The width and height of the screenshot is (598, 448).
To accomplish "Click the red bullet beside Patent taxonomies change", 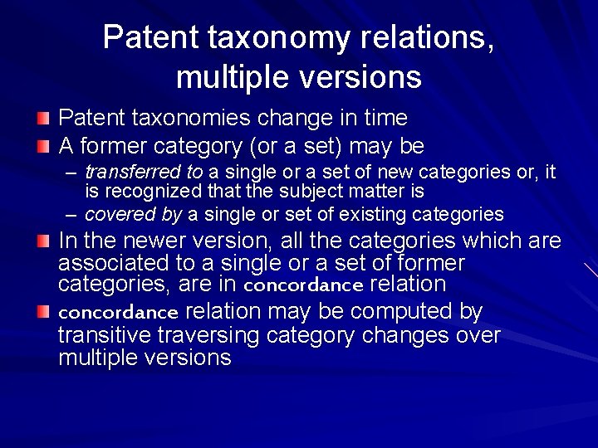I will coord(44,119).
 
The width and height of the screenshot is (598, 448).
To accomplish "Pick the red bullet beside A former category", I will coord(44,148).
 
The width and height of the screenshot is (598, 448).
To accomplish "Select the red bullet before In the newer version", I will coord(44,242).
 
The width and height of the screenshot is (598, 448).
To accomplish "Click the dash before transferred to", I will coord(71,173).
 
